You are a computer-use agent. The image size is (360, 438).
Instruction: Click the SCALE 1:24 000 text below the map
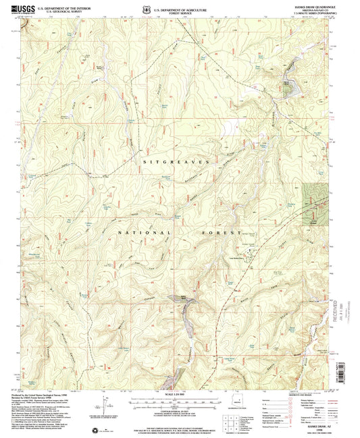click(x=180, y=393)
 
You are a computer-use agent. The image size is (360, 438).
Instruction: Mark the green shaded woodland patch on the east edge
click(x=314, y=203)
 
